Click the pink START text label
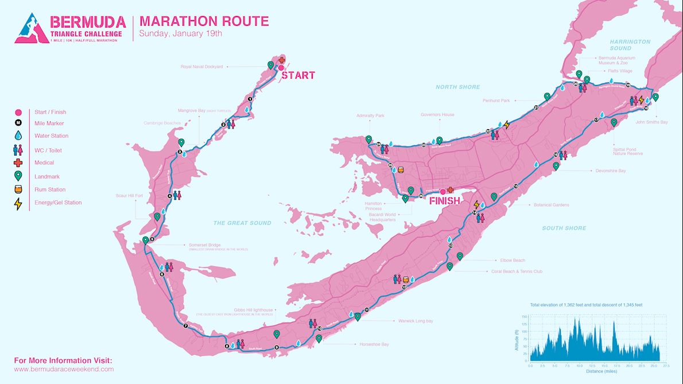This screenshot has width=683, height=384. [x=298, y=75]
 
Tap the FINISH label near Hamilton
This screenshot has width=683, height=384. [x=445, y=201]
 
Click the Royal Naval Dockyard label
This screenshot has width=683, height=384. [x=201, y=67]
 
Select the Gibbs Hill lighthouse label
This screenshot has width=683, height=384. [x=252, y=309]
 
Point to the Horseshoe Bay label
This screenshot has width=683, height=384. [x=374, y=344]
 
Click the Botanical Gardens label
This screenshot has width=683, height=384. [x=551, y=204]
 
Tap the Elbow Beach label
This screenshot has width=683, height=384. [x=513, y=260]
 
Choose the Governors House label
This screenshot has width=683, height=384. [x=437, y=115]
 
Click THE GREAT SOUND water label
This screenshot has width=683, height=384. [x=242, y=223]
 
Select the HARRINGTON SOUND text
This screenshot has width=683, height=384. [x=630, y=45]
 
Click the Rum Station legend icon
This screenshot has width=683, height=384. [x=18, y=189]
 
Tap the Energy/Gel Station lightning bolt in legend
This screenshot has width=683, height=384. [x=18, y=203]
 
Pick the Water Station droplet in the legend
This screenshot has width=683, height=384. [x=18, y=136]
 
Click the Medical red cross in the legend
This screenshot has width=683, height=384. [x=18, y=163]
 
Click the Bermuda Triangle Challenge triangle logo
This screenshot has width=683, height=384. [x=30, y=29]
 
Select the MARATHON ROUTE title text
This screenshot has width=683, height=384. [x=204, y=21]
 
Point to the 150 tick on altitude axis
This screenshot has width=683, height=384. [x=524, y=317]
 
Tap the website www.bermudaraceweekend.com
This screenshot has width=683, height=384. [x=64, y=369]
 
